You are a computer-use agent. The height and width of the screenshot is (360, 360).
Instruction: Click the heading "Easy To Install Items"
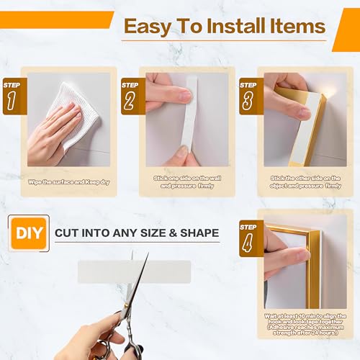(224, 27)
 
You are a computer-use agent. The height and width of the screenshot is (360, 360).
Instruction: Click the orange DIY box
(28, 233)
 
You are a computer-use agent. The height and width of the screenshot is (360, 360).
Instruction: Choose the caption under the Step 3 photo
(305, 181)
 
